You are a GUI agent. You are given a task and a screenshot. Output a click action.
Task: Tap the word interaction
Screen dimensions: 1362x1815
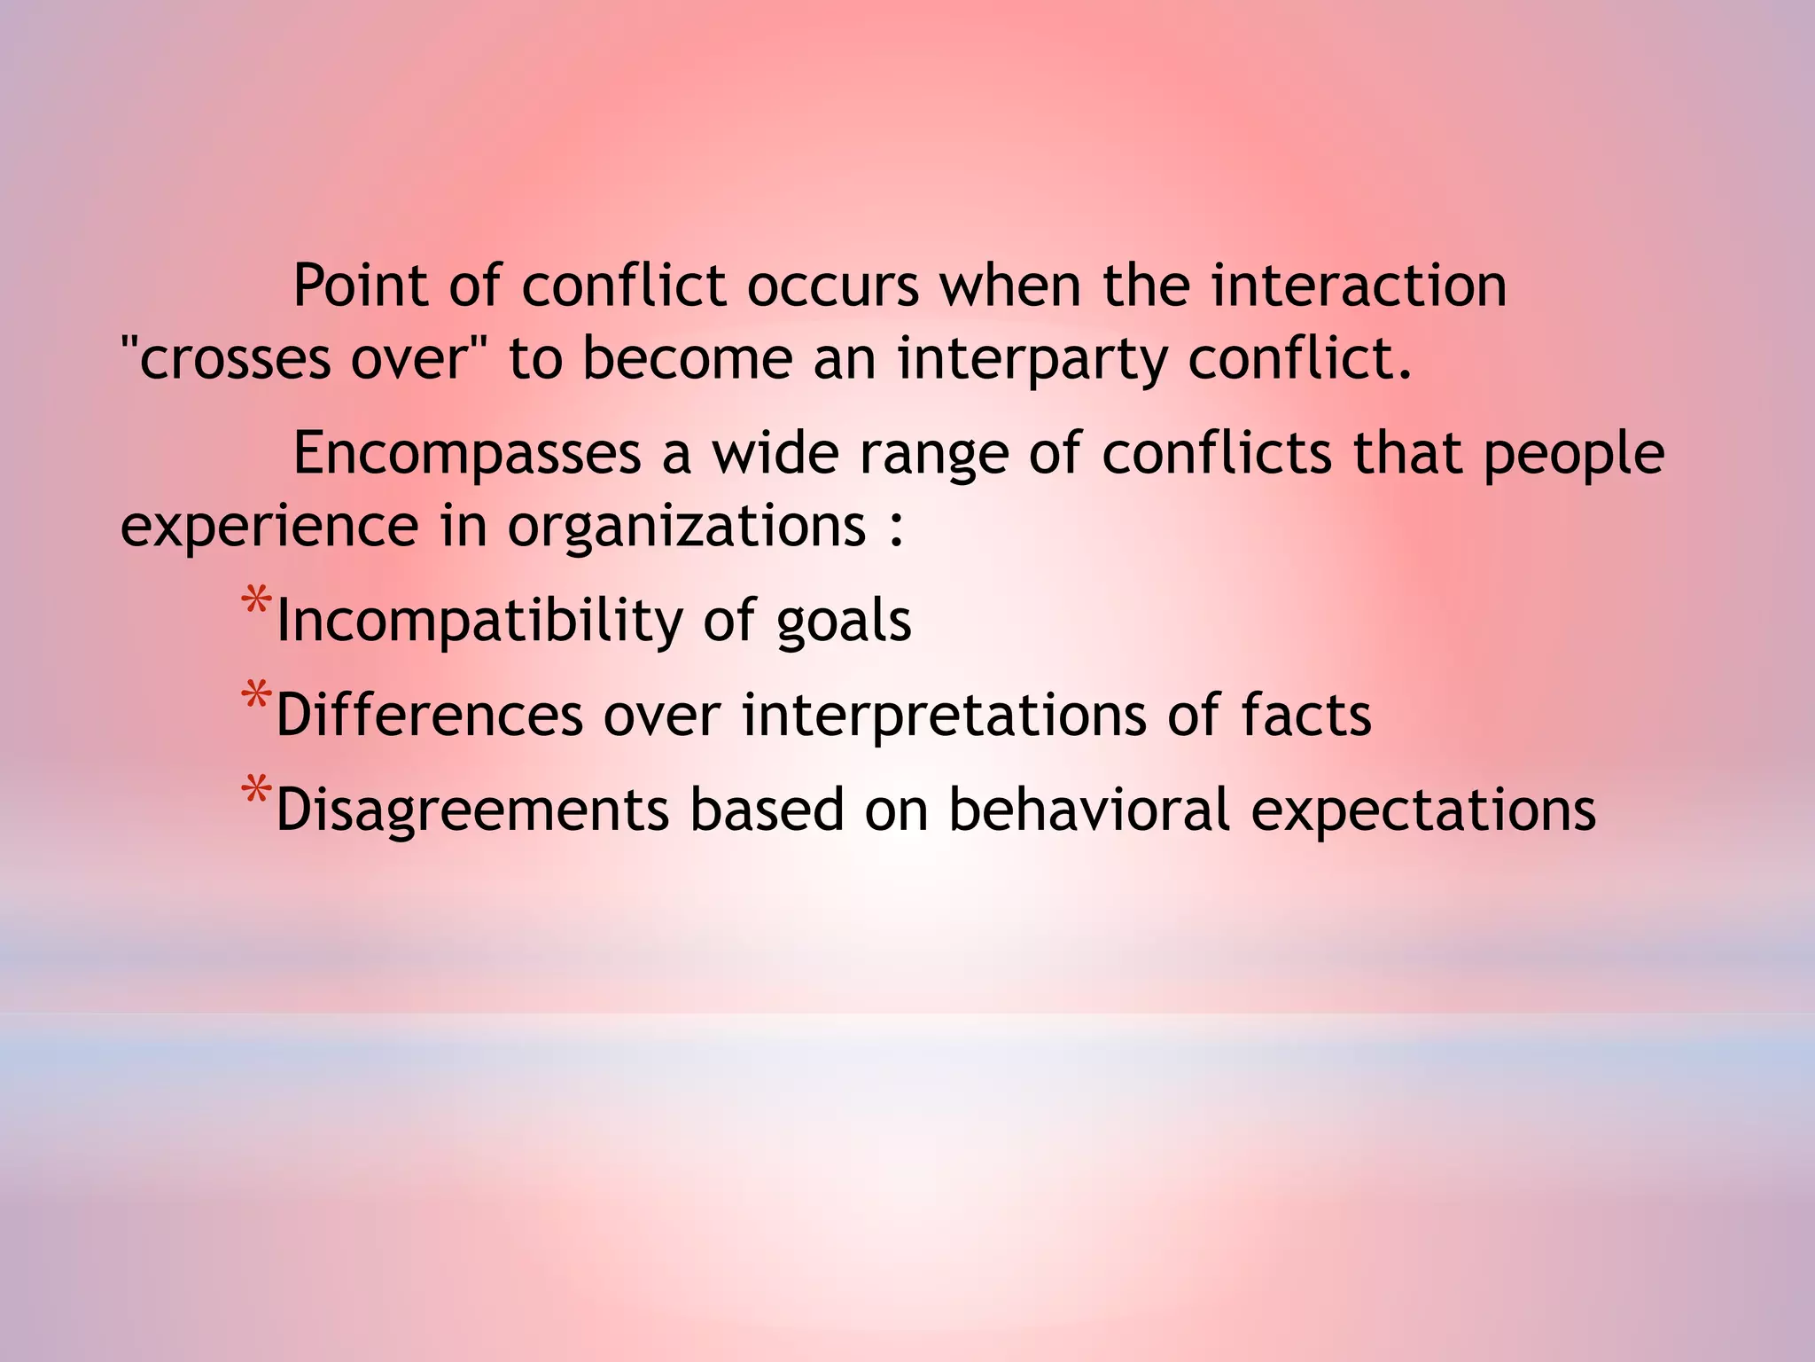point(1359,286)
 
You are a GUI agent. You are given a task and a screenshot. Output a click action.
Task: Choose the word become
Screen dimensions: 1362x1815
point(688,359)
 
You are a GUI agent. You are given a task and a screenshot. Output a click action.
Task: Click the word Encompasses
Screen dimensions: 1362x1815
point(467,454)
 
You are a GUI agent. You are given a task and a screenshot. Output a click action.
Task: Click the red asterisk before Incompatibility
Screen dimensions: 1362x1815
point(256,603)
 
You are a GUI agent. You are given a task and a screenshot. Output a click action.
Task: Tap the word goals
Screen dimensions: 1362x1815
point(843,622)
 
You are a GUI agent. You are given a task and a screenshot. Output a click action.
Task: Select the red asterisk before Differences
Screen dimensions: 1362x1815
point(256,698)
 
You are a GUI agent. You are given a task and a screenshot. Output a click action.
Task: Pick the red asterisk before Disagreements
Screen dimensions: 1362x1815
point(256,792)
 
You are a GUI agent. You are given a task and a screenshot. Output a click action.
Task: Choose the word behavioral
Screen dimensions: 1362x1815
point(1089,810)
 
